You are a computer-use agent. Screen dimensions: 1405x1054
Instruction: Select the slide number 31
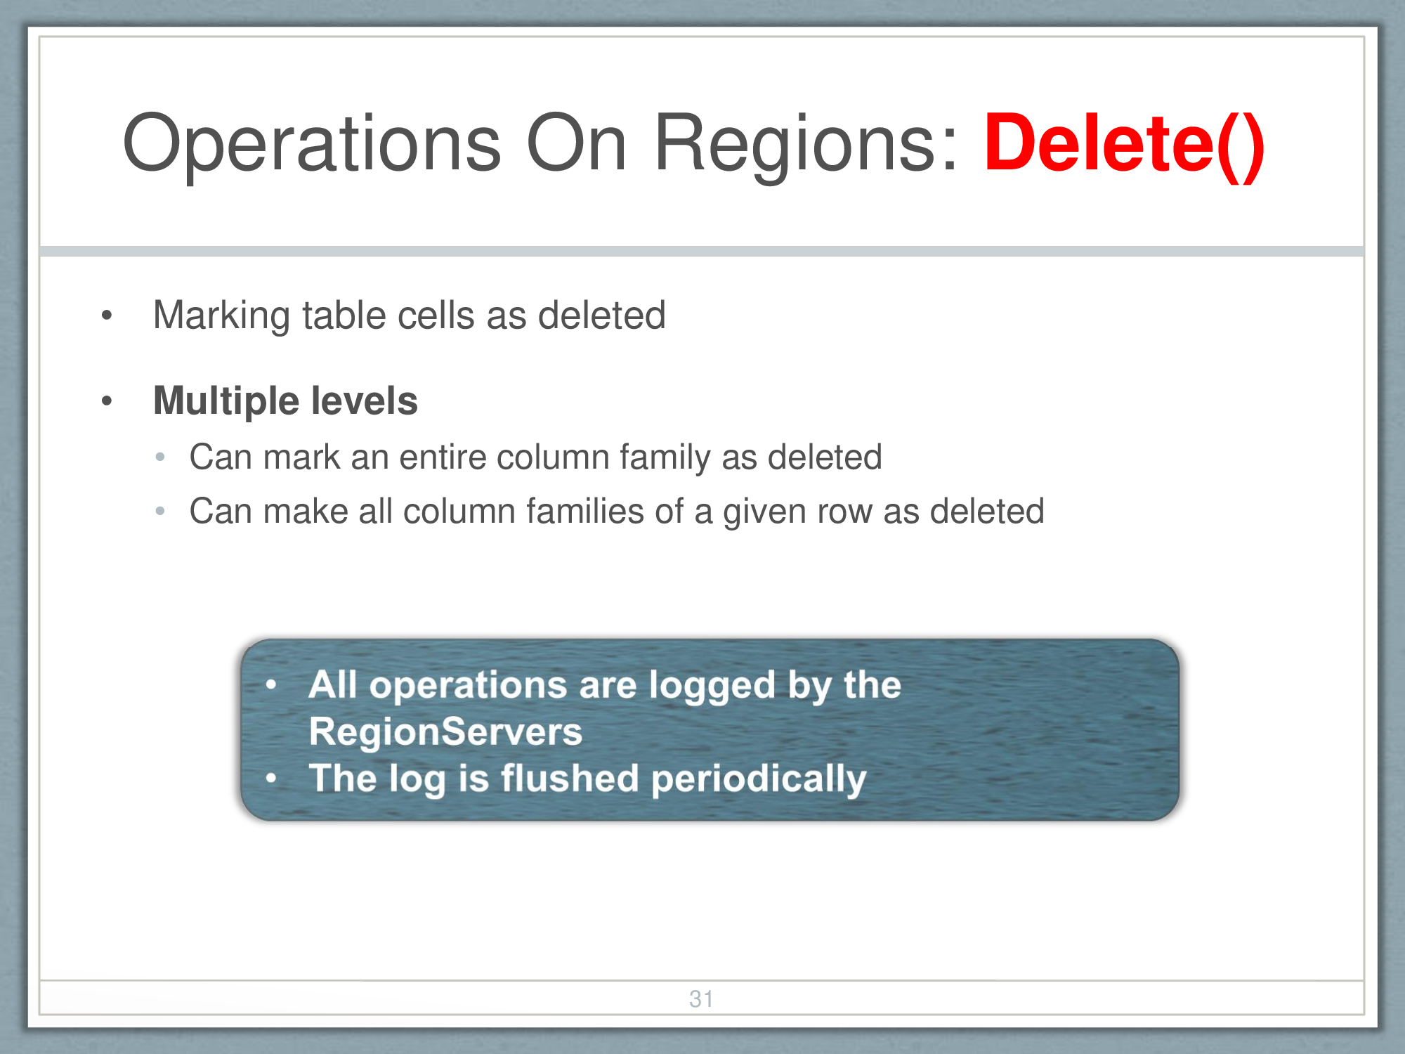click(x=701, y=998)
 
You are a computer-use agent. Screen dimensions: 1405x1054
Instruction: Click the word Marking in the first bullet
click(x=221, y=316)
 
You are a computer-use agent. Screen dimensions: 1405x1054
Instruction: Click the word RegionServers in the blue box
click(x=446, y=731)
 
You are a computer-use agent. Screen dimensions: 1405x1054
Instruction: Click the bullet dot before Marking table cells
click(x=107, y=315)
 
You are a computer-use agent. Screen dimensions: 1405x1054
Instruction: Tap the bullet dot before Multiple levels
click(x=107, y=401)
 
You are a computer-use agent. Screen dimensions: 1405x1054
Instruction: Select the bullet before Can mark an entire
click(x=160, y=457)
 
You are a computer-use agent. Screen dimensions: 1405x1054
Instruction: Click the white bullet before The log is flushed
click(x=271, y=779)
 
